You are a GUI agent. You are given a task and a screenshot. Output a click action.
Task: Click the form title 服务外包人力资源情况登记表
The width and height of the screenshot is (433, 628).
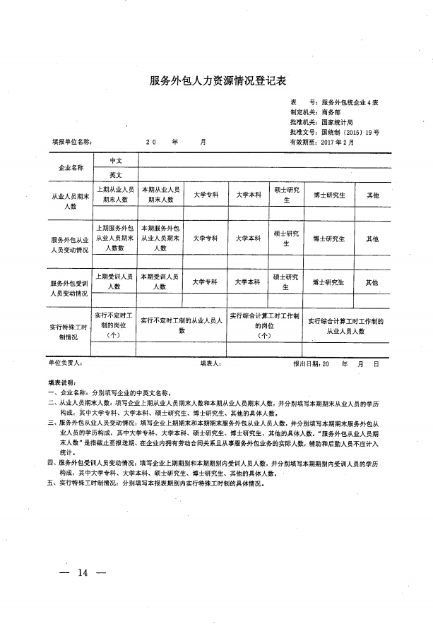pos(217,80)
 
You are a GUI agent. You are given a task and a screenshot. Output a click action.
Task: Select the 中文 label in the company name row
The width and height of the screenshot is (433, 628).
pos(116,161)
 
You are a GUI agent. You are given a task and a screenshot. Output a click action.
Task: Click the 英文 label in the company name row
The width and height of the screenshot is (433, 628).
pos(116,174)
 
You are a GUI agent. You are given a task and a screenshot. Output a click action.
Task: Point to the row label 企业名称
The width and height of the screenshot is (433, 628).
pos(71,168)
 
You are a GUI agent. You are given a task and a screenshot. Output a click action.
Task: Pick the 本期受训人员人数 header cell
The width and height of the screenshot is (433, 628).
pos(160,282)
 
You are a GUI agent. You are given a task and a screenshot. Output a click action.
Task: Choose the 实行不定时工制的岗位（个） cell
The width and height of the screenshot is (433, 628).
pos(114,325)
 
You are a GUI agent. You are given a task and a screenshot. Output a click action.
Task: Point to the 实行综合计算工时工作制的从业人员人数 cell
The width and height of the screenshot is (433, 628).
pos(345,325)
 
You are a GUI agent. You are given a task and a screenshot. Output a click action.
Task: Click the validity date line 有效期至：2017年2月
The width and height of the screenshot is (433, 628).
pos(321,142)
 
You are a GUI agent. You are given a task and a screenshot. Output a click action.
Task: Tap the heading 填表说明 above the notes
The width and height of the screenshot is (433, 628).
pos(66,381)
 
